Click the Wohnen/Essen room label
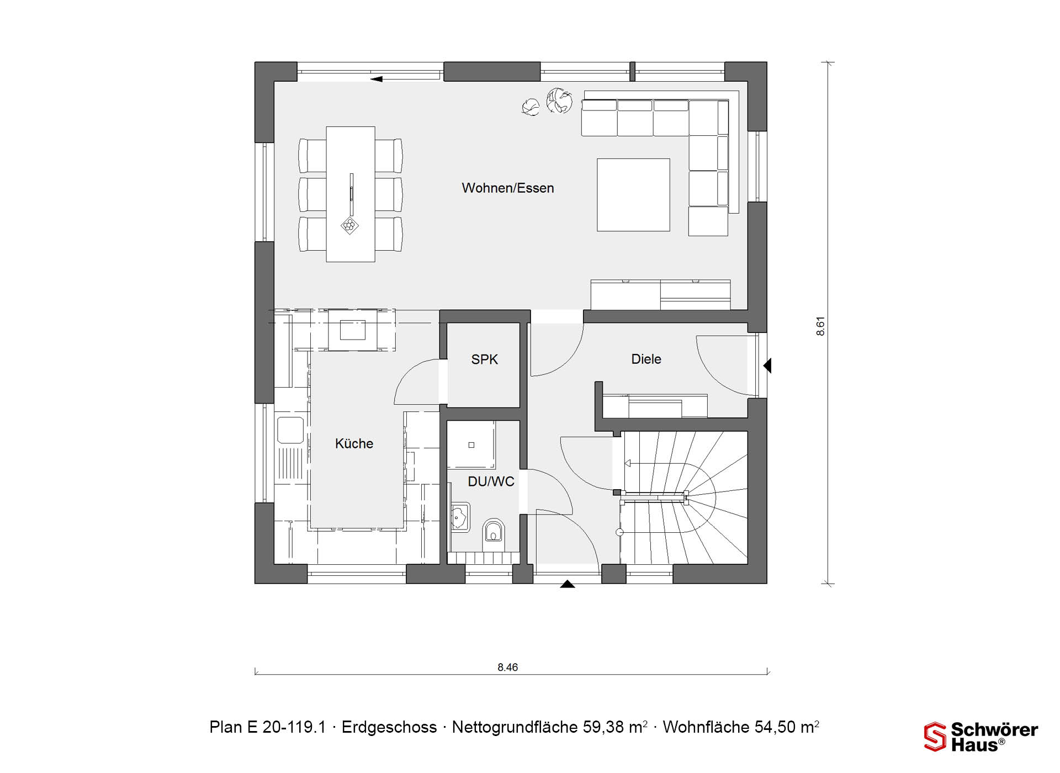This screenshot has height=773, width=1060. tap(508, 188)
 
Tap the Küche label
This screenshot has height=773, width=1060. tap(354, 443)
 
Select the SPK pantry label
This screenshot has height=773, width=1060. tap(485, 359)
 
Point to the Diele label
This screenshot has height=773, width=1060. tap(646, 359)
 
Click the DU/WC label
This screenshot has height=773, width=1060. tap(491, 481)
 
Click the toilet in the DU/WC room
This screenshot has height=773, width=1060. tap(494, 531)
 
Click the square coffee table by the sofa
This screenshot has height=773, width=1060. tap(633, 195)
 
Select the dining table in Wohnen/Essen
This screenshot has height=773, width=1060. tap(351, 194)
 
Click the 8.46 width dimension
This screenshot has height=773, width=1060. tap(508, 668)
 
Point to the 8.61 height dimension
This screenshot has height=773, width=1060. tap(820, 326)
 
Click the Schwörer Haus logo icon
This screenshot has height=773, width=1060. tap(935, 737)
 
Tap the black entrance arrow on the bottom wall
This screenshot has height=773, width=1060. tap(568, 584)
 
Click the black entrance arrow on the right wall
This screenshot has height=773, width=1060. tap(767, 366)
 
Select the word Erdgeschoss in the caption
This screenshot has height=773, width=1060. tap(389, 728)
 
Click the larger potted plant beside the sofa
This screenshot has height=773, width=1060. tap(559, 101)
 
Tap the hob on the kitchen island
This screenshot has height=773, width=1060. tap(352, 330)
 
